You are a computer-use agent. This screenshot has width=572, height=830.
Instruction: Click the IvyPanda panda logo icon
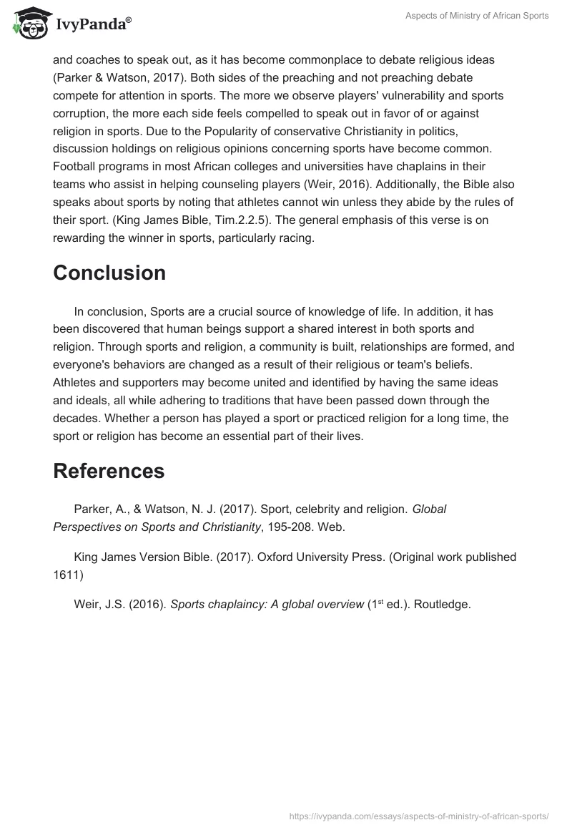[x=27, y=25]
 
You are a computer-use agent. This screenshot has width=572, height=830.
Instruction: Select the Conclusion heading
[x=109, y=273]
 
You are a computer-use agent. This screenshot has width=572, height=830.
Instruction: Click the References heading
[x=109, y=470]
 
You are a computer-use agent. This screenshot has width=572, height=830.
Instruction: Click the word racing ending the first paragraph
[x=288, y=238]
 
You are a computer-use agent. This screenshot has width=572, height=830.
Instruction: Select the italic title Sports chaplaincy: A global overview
[x=267, y=604]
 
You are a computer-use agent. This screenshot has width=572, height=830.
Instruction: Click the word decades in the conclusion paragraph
[x=74, y=419]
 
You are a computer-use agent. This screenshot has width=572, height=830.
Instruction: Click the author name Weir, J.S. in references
[x=100, y=604]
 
